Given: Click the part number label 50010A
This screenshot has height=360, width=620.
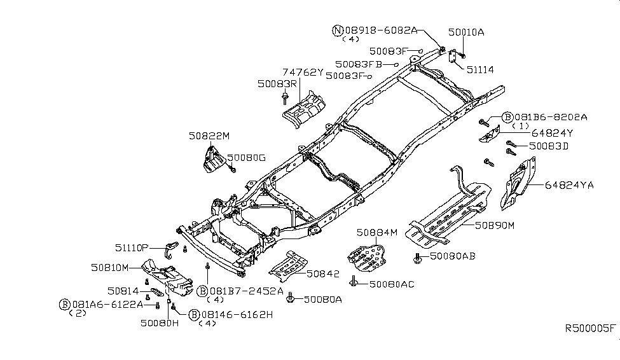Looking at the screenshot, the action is (x=465, y=32).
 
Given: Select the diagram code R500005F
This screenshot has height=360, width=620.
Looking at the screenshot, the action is (x=590, y=328).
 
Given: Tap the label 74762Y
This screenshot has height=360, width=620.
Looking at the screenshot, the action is (x=303, y=73).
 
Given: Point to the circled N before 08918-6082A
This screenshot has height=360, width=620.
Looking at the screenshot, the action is (x=337, y=31).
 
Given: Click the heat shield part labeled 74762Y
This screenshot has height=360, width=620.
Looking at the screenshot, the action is (x=304, y=109).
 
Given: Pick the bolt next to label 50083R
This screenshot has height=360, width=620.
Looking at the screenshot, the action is (x=285, y=98).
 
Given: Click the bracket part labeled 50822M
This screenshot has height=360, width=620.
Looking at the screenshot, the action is (x=214, y=160).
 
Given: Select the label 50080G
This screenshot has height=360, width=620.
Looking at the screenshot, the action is (x=246, y=158).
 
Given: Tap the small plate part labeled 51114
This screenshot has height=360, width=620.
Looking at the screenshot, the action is (x=453, y=56).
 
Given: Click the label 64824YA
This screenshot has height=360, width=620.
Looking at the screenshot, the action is (x=569, y=184).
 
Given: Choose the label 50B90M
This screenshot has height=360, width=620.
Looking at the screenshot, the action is (x=495, y=226).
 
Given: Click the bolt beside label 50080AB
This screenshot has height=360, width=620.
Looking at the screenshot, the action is (x=418, y=258).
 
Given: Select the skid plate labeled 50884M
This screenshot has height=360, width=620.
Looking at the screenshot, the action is (x=366, y=258).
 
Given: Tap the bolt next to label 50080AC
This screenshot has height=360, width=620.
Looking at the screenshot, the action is (x=354, y=281).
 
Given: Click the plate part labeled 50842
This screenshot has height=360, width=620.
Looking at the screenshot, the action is (x=288, y=263).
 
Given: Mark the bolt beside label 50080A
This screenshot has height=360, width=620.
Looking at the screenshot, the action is (x=290, y=298).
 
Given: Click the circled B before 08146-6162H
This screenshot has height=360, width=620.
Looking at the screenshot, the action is (x=194, y=315).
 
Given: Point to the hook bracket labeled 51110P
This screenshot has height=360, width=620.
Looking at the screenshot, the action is (x=171, y=249).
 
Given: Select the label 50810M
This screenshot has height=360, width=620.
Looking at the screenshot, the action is (x=109, y=268).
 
